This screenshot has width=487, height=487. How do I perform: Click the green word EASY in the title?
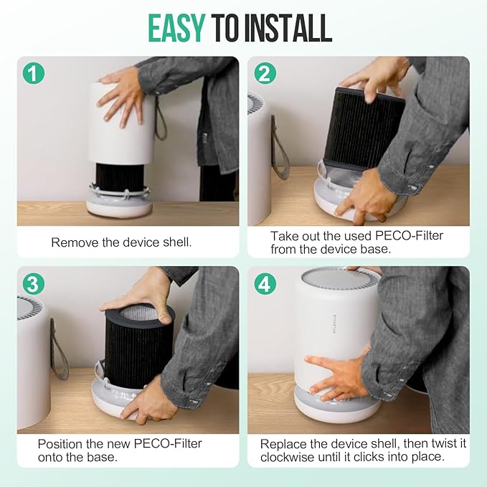[x=176, y=28]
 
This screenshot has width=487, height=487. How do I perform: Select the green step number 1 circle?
[x=34, y=73]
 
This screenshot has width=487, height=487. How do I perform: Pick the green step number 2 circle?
[x=265, y=73]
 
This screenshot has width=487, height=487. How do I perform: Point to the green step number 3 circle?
[x=34, y=283]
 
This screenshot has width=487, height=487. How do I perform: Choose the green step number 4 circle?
[x=265, y=283]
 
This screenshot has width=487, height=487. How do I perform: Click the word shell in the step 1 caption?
[x=177, y=242]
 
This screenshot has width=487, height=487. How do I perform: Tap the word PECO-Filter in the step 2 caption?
[x=409, y=236]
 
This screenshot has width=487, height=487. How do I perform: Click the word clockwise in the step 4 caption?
[x=288, y=457]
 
